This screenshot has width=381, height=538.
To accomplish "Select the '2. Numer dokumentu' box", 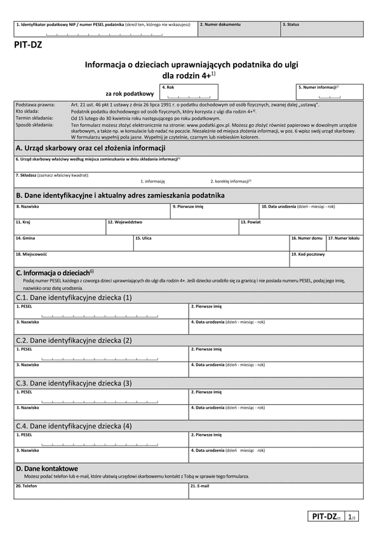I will [x=239, y=30].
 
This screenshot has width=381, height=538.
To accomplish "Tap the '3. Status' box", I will [x=322, y=30].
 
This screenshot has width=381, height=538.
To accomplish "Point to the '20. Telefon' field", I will [x=101, y=492].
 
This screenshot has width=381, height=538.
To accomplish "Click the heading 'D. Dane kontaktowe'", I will [x=51, y=468].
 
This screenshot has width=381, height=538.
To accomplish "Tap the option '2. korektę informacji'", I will [x=231, y=181].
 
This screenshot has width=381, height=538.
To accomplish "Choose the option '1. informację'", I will [x=152, y=181].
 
